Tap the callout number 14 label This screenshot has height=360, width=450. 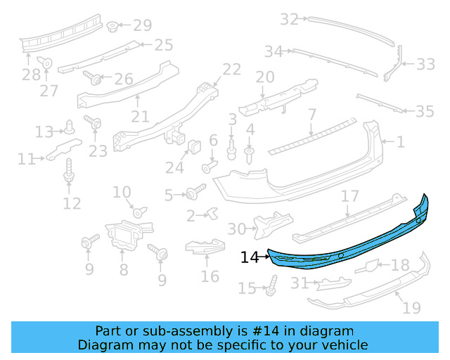250,258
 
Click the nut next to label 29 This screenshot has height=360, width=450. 112,27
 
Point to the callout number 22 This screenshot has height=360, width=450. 231,69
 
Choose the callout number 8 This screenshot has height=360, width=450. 123,269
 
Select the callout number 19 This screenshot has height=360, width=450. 412,307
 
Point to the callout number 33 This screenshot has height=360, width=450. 425,65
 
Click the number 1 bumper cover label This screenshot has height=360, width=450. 400,142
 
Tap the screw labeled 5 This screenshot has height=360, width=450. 193,192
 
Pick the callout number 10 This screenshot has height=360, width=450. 122,192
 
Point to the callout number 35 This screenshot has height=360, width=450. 425,111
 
